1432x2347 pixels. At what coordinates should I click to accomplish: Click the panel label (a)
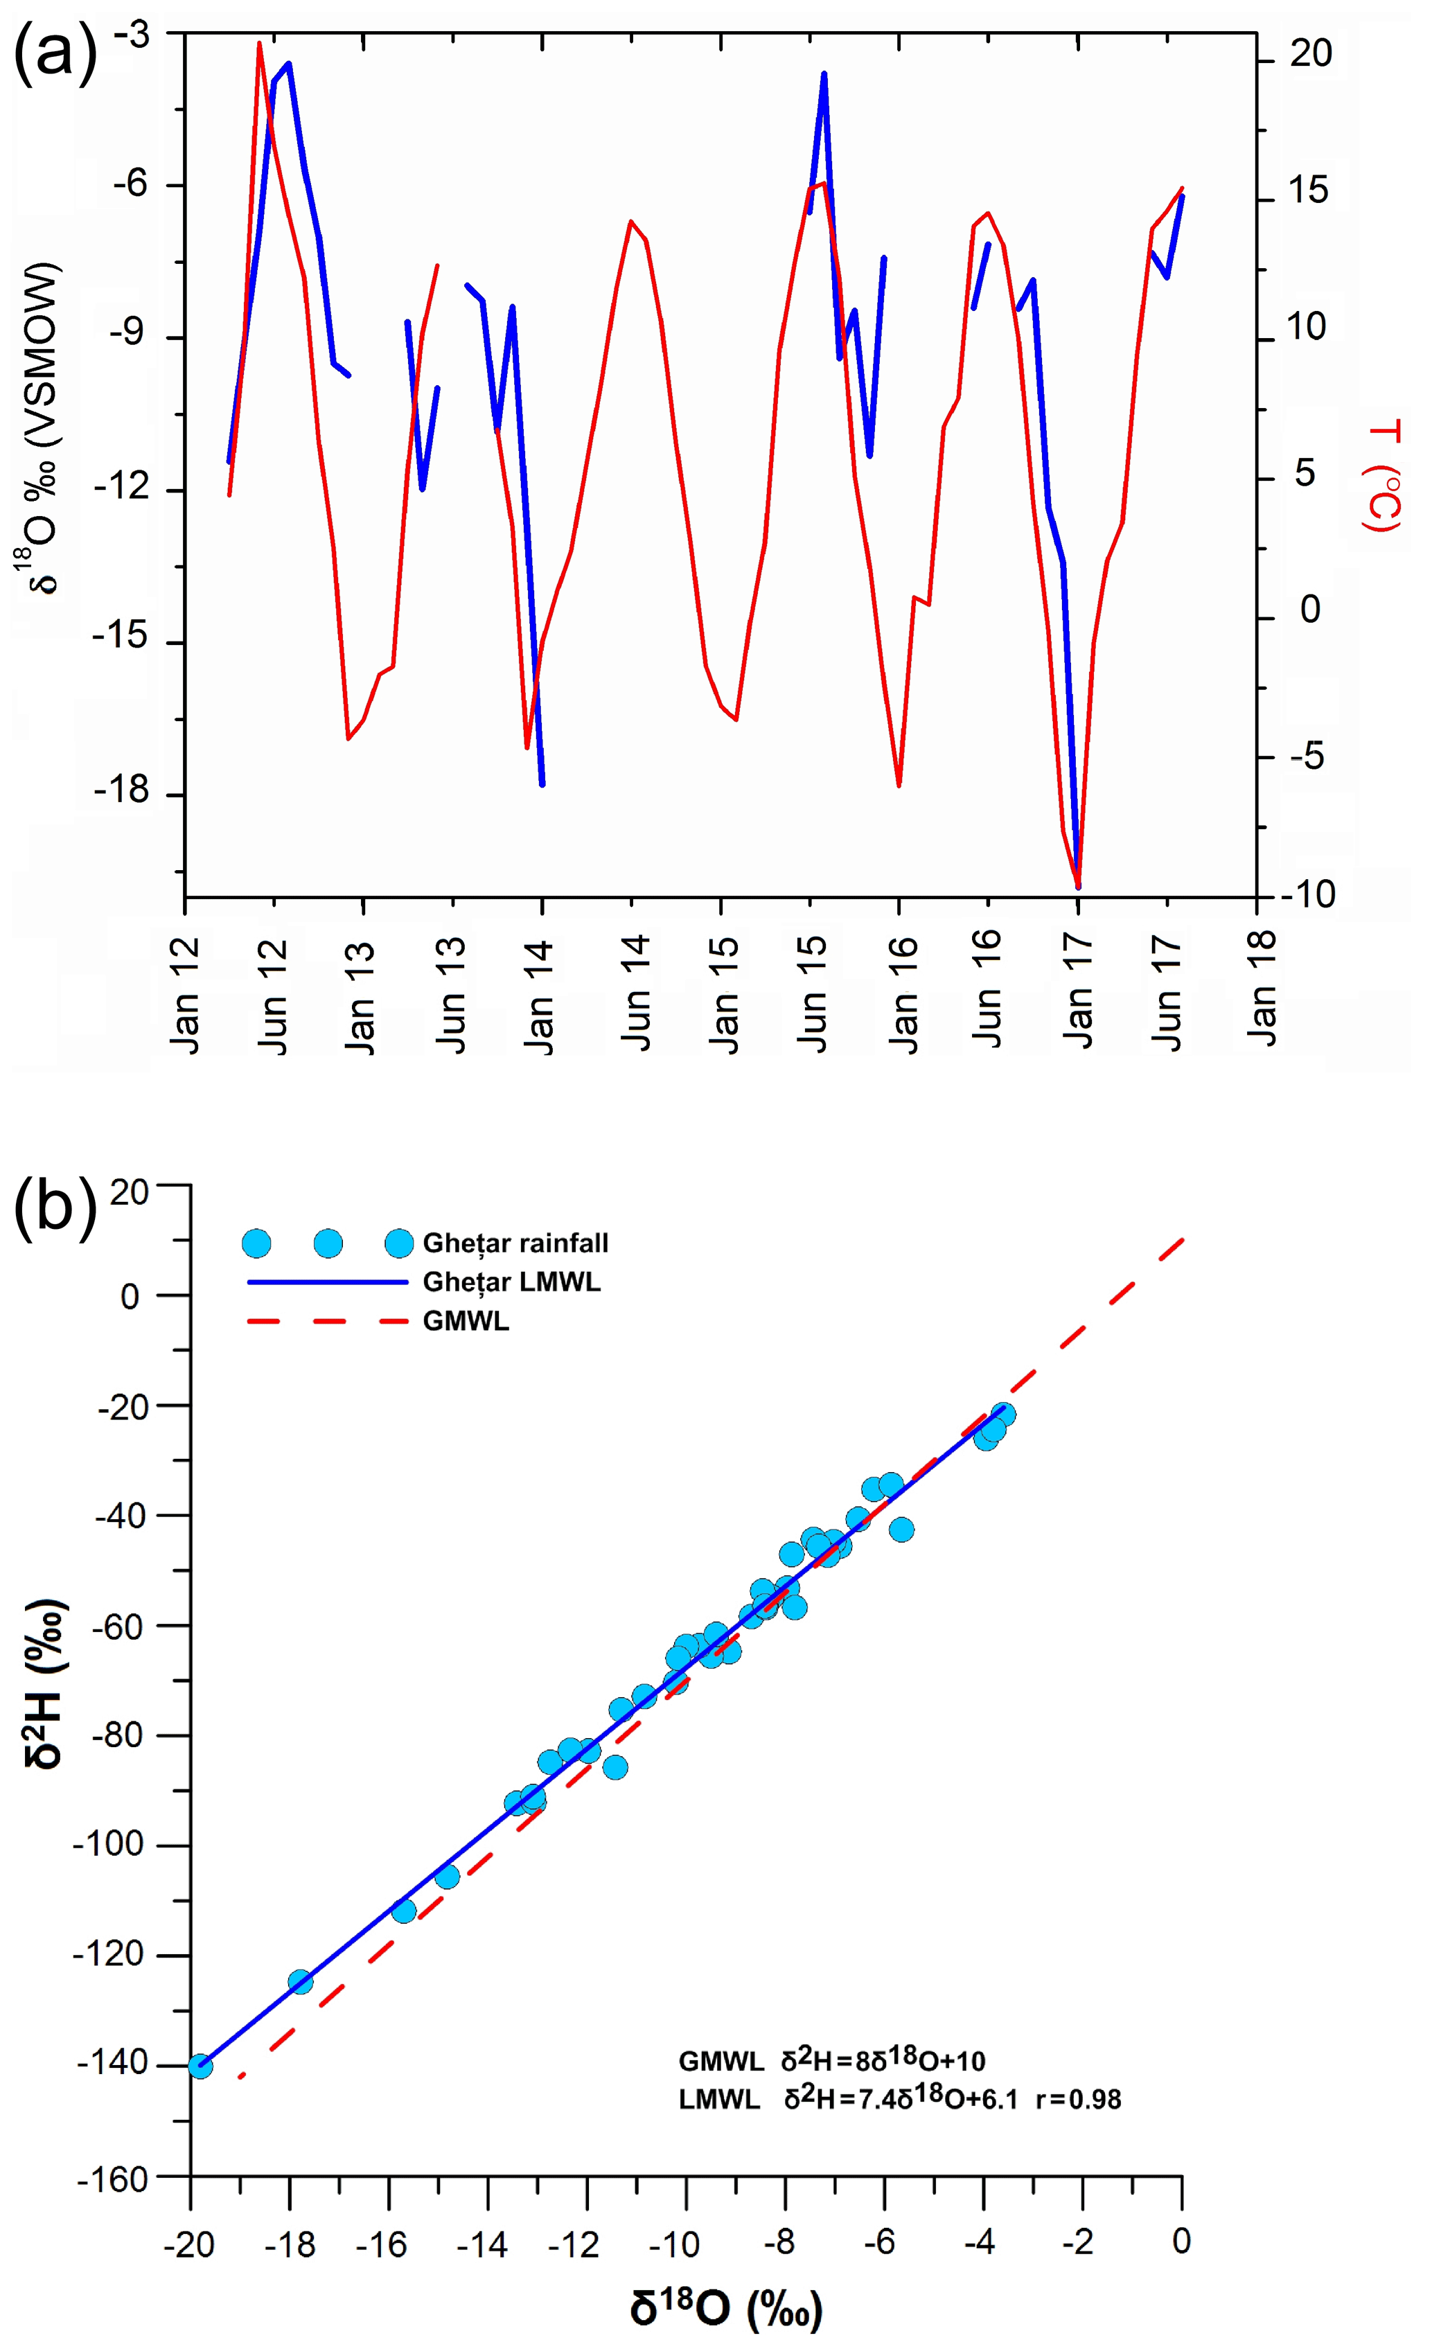pyautogui.click(x=55, y=53)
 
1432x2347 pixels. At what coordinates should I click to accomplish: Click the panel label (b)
pyautogui.click(x=55, y=1208)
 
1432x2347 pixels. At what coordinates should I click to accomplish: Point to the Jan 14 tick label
pyautogui.click(x=539, y=995)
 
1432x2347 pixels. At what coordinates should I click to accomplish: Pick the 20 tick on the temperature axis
pyautogui.click(x=1310, y=54)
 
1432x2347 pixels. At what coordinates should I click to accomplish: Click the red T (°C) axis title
pyautogui.click(x=1382, y=477)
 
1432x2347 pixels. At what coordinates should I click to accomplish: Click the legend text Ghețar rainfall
pyautogui.click(x=515, y=1243)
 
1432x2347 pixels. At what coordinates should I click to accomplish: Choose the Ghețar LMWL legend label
pyautogui.click(x=512, y=1282)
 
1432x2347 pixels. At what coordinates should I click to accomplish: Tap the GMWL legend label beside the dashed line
pyautogui.click(x=466, y=1321)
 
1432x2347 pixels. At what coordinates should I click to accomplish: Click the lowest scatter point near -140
pyautogui.click(x=200, y=2066)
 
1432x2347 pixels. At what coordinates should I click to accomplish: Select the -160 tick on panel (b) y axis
pyautogui.click(x=112, y=2179)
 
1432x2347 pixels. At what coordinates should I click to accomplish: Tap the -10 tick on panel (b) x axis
pyautogui.click(x=675, y=2244)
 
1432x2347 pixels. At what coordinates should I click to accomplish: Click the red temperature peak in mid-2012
pyautogui.click(x=259, y=44)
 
